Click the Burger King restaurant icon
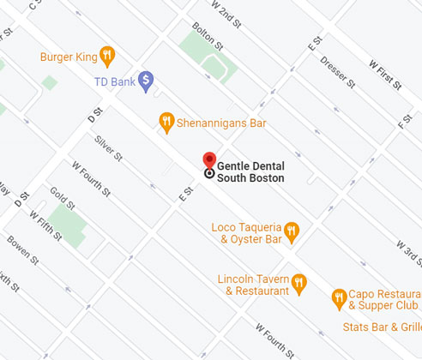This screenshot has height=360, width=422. (x=107, y=57)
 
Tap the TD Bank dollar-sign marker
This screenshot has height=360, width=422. (x=147, y=81)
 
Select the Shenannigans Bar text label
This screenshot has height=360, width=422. (x=221, y=123)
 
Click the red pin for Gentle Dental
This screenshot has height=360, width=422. (x=208, y=161)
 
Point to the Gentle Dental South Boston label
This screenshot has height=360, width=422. (x=250, y=171)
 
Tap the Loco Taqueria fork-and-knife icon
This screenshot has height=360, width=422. (x=292, y=231)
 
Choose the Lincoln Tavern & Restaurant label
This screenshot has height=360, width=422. (x=253, y=285)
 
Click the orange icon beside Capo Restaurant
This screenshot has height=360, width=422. (x=339, y=298)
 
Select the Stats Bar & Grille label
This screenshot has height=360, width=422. (x=382, y=327)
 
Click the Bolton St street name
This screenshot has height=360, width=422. (x=208, y=36)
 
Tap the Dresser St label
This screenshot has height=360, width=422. (x=337, y=71)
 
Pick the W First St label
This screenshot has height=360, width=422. (x=385, y=74)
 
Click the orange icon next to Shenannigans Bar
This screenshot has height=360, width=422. (x=167, y=122)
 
